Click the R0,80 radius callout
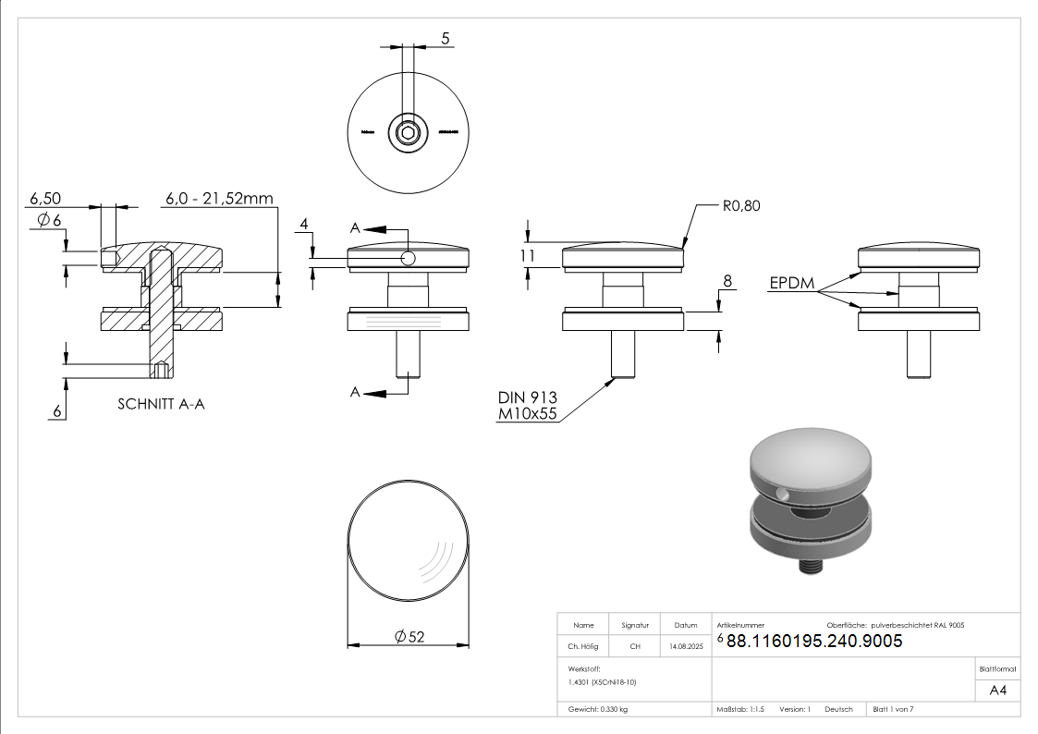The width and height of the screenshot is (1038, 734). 740,206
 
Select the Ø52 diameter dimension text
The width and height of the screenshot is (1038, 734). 409,636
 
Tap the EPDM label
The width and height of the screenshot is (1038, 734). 791,284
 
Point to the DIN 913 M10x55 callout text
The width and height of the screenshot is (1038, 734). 528,406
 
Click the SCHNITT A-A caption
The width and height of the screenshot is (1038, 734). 161,404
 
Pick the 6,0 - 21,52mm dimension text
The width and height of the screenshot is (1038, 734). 219,199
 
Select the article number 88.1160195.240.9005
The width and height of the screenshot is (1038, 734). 814,641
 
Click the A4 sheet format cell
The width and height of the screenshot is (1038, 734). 997,690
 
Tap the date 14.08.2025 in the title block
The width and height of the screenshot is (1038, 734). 686,647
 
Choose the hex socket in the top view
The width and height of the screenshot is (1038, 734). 407,133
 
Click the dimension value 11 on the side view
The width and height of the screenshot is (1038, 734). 528,256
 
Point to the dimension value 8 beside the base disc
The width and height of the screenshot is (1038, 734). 727,280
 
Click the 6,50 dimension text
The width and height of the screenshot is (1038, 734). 45,199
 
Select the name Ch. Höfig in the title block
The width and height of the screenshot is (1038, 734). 583,647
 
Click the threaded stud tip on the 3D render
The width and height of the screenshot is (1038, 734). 809,567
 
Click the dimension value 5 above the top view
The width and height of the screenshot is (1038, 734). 446,39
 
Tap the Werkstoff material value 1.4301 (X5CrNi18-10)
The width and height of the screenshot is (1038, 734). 603,681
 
